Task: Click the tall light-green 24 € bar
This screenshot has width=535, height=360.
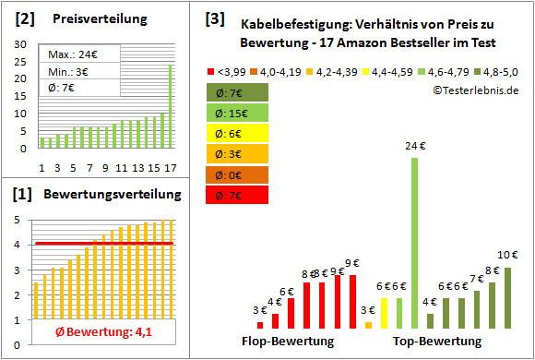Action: [414, 243]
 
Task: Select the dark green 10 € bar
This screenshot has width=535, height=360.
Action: [507, 297]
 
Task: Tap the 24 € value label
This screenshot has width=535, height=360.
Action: [414, 145]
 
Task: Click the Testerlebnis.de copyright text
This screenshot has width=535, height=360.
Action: [475, 90]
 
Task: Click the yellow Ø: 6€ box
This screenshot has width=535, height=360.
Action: [239, 132]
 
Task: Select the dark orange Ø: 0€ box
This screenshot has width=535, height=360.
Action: [239, 174]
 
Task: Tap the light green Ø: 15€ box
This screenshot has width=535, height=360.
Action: [239, 112]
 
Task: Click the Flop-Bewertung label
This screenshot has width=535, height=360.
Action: [287, 342]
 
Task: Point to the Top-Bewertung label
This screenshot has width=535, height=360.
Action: [437, 342]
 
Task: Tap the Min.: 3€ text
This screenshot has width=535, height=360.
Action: [67, 72]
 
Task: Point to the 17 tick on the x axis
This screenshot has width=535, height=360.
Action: [170, 167]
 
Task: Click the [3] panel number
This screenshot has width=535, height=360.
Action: [213, 18]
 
